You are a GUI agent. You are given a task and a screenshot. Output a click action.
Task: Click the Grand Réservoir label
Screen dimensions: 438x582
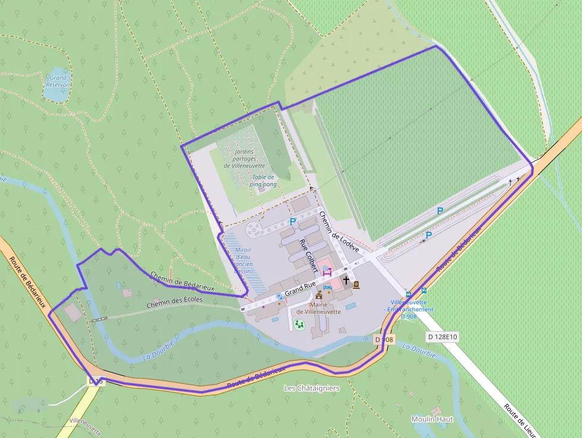58,81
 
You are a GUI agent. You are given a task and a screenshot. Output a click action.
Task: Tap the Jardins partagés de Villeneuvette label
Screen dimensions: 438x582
244,159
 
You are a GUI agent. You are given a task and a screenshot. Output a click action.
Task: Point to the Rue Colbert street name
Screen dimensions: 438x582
309,256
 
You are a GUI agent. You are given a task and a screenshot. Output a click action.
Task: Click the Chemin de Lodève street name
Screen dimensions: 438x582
339,232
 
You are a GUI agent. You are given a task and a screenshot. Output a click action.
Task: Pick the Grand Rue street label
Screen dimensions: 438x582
300,289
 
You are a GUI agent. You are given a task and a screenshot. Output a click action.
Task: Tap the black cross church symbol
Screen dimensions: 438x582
346,279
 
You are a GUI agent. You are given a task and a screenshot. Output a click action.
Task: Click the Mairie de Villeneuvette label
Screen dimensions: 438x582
318,308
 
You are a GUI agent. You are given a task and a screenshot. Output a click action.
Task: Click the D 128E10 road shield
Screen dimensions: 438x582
442,337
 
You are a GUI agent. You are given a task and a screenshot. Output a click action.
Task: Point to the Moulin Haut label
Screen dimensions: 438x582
432,419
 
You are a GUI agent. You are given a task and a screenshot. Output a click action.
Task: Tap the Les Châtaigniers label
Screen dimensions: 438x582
311,388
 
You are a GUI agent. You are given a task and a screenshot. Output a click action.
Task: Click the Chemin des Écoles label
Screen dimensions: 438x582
175,302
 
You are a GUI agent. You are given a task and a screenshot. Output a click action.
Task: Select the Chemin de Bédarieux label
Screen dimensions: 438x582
182,281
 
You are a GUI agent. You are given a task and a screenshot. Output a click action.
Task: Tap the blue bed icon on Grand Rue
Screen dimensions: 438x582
327,287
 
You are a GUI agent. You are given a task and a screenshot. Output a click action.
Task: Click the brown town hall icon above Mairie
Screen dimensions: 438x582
319,295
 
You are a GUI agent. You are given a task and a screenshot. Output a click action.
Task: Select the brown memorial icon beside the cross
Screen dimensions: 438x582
356,285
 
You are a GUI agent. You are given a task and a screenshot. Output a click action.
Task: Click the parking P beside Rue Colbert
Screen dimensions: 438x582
293,222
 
